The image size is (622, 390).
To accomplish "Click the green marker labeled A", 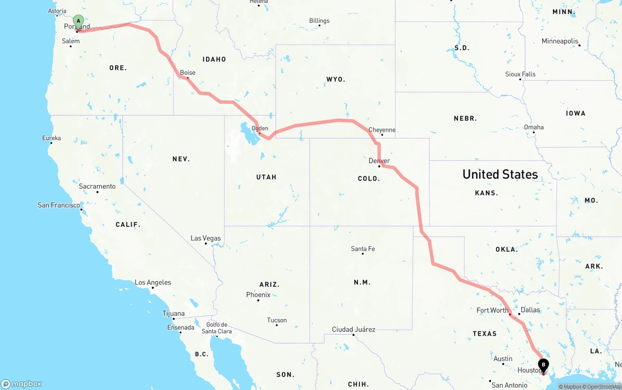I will tap(78, 21).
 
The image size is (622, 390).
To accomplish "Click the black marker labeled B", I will tap(543, 365).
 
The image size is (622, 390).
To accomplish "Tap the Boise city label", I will tap(188, 73).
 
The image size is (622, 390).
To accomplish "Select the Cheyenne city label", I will tap(382, 130).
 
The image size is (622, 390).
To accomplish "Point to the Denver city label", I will tap(379, 161).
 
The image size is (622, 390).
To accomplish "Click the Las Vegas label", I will tap(206, 238).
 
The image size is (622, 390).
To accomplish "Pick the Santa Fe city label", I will tap(363, 249).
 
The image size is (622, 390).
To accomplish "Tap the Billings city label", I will tap(319, 21).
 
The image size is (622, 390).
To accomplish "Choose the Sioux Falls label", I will tap(520, 74).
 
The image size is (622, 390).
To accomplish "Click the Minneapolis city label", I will tap(560, 41).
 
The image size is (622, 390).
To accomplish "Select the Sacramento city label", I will tap(97, 187).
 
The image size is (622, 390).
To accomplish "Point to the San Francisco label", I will tap(59, 205).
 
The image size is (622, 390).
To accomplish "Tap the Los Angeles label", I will tap(153, 283).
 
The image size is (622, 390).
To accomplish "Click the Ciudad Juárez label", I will tap(353, 329).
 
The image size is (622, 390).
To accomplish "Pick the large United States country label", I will tap(500, 174).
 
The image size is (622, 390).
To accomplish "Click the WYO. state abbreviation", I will tap(336, 79).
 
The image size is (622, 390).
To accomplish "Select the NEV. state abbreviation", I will tap(181, 159).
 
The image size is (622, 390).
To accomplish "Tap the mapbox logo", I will tap(21, 384).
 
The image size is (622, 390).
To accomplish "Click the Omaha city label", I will tap(534, 127).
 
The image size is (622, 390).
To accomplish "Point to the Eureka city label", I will tap(52, 138).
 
